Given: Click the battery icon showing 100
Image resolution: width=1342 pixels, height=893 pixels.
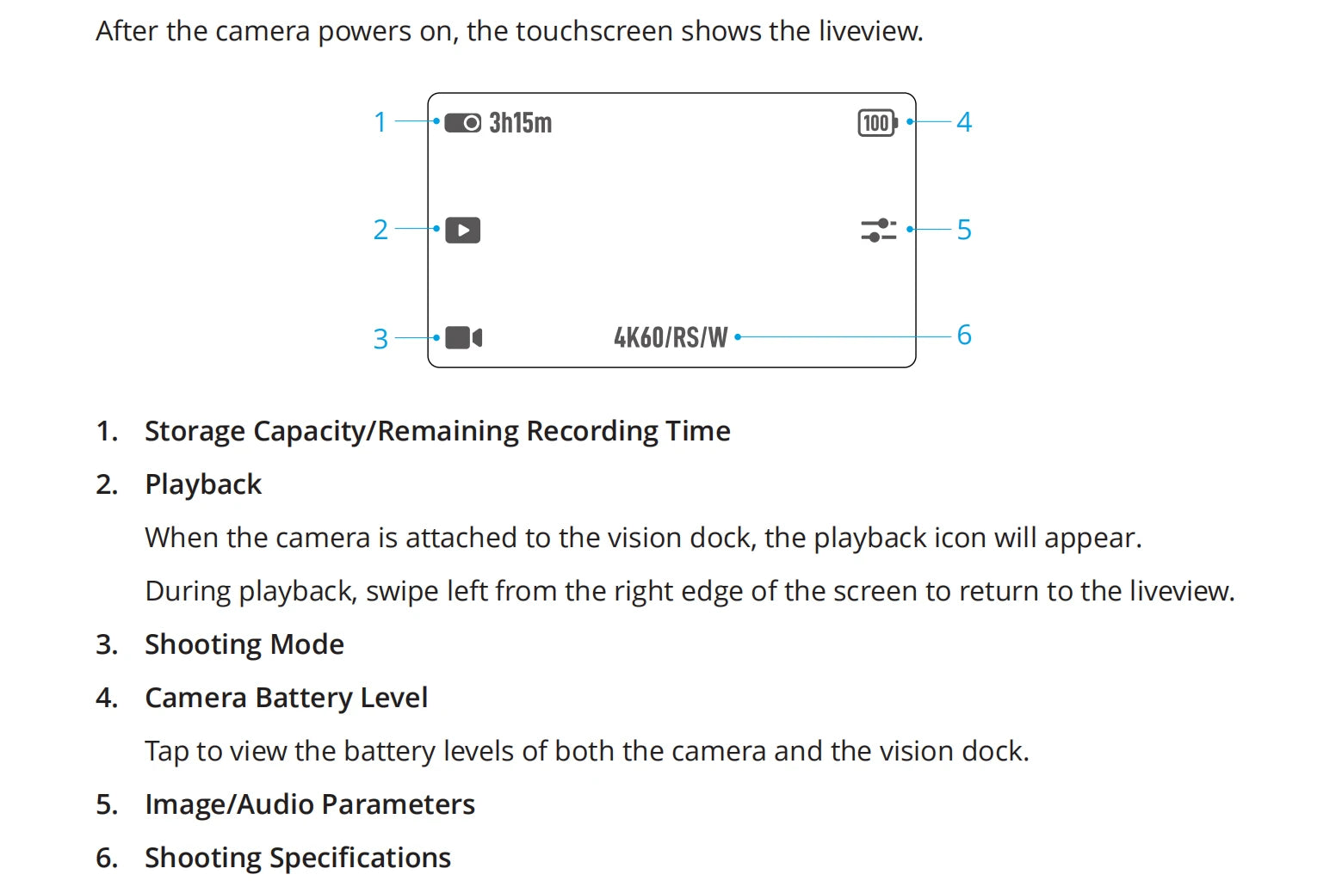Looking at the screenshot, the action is (x=878, y=123).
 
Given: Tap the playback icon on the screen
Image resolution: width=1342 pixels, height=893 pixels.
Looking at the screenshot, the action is (x=462, y=230).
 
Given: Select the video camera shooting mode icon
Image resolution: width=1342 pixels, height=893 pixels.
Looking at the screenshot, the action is (x=464, y=338).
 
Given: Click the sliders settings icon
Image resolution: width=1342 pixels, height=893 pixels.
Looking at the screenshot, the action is (x=879, y=230).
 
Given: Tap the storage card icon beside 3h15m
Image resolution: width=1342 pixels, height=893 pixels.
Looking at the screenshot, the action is (x=462, y=123).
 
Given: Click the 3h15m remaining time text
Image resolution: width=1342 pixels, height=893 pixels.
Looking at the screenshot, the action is (x=520, y=123).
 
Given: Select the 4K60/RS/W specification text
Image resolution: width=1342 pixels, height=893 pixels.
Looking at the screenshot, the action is (x=671, y=337).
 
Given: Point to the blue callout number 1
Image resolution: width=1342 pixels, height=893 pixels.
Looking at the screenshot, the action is (x=380, y=122).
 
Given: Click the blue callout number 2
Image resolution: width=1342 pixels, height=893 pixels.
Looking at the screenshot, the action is (x=380, y=230).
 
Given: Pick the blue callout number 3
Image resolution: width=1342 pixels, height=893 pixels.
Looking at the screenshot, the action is (x=380, y=339).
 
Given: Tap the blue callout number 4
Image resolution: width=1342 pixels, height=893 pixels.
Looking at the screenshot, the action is (x=964, y=122).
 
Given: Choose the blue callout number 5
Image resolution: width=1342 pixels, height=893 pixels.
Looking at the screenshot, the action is (x=964, y=230).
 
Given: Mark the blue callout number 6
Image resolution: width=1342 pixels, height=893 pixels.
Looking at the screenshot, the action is (x=964, y=335).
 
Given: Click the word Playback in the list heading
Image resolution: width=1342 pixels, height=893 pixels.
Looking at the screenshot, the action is (x=203, y=484).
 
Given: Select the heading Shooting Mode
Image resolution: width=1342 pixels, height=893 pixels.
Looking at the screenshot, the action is (x=244, y=644).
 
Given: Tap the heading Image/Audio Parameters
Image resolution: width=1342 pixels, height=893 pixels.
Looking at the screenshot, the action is (x=310, y=805).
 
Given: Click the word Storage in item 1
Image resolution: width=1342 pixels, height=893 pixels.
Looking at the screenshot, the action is (x=195, y=432).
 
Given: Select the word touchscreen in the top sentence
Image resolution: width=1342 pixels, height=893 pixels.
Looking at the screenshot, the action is (x=594, y=31).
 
